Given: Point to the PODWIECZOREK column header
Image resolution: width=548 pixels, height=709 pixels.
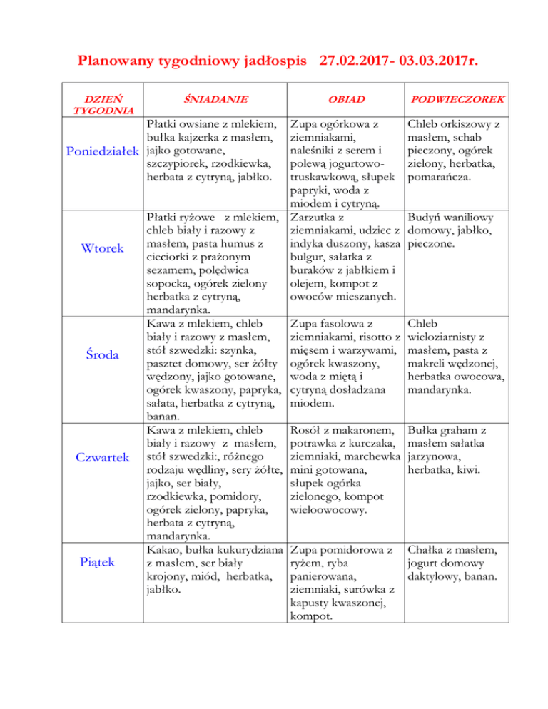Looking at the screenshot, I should (453, 98).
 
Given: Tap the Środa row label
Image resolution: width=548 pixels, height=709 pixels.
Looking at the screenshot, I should (106, 355).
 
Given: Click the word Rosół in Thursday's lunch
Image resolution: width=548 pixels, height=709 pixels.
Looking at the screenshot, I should (308, 430).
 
